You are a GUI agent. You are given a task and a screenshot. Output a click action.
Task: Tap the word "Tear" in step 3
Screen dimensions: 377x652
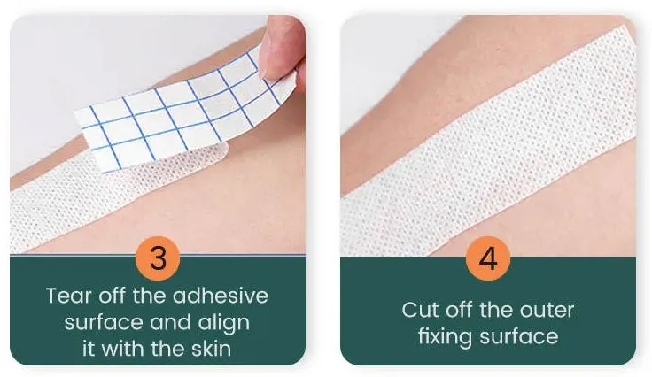coord(68,295)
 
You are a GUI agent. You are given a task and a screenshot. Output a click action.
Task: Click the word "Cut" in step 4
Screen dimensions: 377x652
coord(420,310)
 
